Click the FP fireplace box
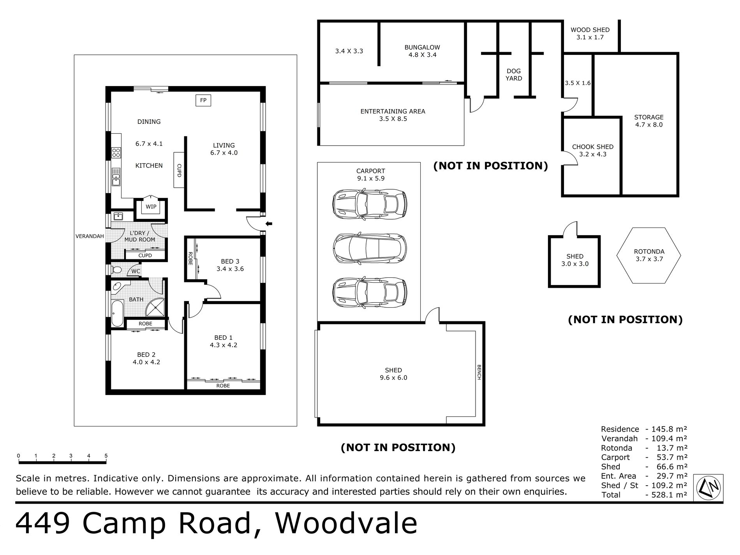[203, 100]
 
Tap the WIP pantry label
[151, 206]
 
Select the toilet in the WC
[116, 270]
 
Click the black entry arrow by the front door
[269, 224]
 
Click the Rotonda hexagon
[648, 255]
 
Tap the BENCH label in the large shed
[479, 372]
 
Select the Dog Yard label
[514, 74]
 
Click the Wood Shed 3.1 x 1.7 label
[590, 33]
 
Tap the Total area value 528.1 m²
[666, 495]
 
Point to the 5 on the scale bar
[106, 456]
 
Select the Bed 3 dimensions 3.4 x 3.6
[230, 269]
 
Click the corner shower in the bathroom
[155, 308]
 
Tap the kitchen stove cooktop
[116, 152]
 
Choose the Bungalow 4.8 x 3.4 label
[422, 51]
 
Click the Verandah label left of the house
[90, 236]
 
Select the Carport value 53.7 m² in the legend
[666, 458]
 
